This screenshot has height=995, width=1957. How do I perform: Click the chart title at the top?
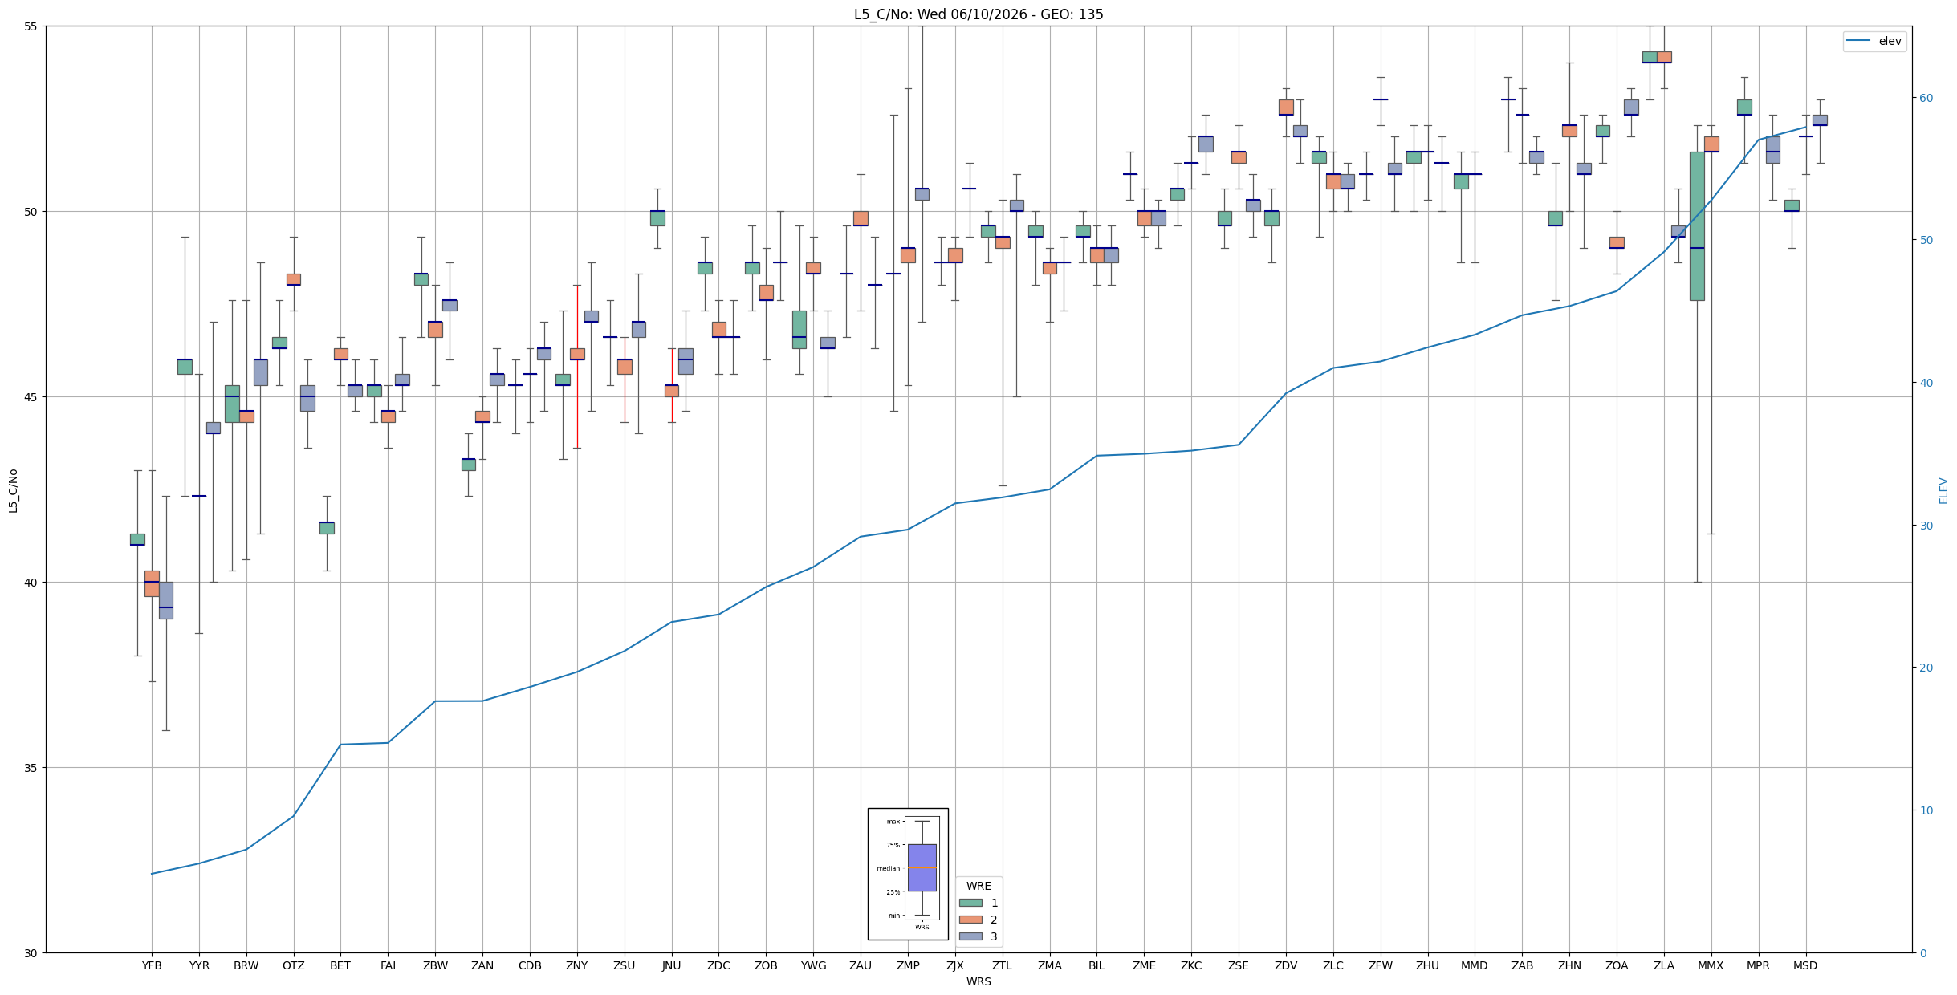978,14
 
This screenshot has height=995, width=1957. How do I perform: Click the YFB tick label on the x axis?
152,965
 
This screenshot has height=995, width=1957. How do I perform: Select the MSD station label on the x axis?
1805,965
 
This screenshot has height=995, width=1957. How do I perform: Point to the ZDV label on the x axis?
1286,965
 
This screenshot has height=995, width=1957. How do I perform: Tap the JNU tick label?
671,965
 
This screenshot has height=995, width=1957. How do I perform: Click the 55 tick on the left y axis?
32,26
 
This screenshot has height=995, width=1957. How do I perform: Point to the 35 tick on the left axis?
32,768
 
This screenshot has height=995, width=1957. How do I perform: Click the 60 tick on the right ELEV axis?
1926,98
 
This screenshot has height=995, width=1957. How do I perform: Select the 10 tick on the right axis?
1926,810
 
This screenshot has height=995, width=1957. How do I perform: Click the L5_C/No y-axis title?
13,490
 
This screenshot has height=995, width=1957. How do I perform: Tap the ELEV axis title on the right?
1943,490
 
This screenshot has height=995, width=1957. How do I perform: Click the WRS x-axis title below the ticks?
978,981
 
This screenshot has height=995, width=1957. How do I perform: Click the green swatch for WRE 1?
970,903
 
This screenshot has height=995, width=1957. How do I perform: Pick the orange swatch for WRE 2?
970,920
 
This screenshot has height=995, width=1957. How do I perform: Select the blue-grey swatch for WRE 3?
970,936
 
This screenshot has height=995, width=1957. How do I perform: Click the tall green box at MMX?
1697,226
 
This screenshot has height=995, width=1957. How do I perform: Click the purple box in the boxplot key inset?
922,867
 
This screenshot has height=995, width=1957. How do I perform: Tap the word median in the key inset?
888,868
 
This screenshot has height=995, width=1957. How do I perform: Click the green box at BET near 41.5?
327,528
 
